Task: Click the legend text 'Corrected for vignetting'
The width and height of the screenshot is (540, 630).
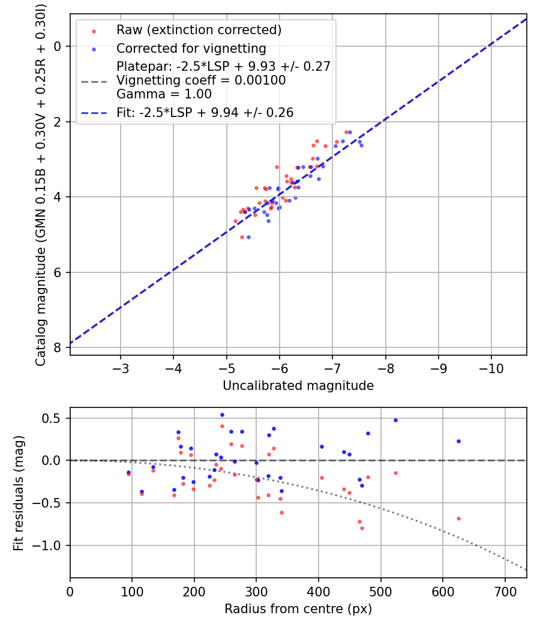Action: pos(191,48)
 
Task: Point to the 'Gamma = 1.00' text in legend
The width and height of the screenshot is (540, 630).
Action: pos(164,94)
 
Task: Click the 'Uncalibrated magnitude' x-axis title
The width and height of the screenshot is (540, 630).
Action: pos(298,386)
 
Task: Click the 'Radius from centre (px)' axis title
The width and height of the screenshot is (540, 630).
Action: pos(298,609)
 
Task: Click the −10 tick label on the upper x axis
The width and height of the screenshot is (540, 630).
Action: pos(491,367)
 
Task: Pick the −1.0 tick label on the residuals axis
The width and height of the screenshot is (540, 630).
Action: pos(50,545)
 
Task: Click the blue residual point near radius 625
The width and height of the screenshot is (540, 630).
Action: pos(458,441)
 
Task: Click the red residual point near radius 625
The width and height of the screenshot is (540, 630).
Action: pos(458,518)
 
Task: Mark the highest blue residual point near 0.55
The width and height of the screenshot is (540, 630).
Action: pos(222,415)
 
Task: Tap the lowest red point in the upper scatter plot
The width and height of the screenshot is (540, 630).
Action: pos(242,237)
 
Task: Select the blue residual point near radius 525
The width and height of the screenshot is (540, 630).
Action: pos(395,420)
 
